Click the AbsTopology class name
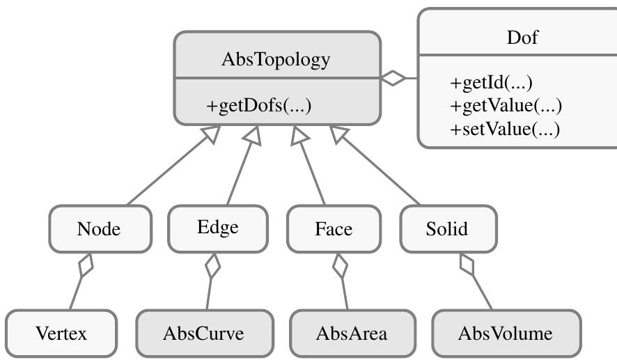click(x=276, y=60)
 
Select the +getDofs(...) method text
click(x=258, y=107)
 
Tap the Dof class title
click(x=522, y=38)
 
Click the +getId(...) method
click(x=491, y=83)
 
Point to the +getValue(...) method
click(x=506, y=106)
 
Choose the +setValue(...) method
click(x=505, y=129)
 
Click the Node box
click(x=99, y=228)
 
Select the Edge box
click(x=218, y=228)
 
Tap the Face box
click(x=334, y=228)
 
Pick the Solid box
click(x=447, y=228)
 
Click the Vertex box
click(x=61, y=334)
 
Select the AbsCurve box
click(x=203, y=334)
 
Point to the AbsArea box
click(x=352, y=334)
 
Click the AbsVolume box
click(x=505, y=334)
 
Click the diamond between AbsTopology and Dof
click(x=394, y=79)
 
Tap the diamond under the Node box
click(x=86, y=265)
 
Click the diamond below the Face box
click(x=340, y=265)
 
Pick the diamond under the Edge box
click(x=212, y=265)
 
